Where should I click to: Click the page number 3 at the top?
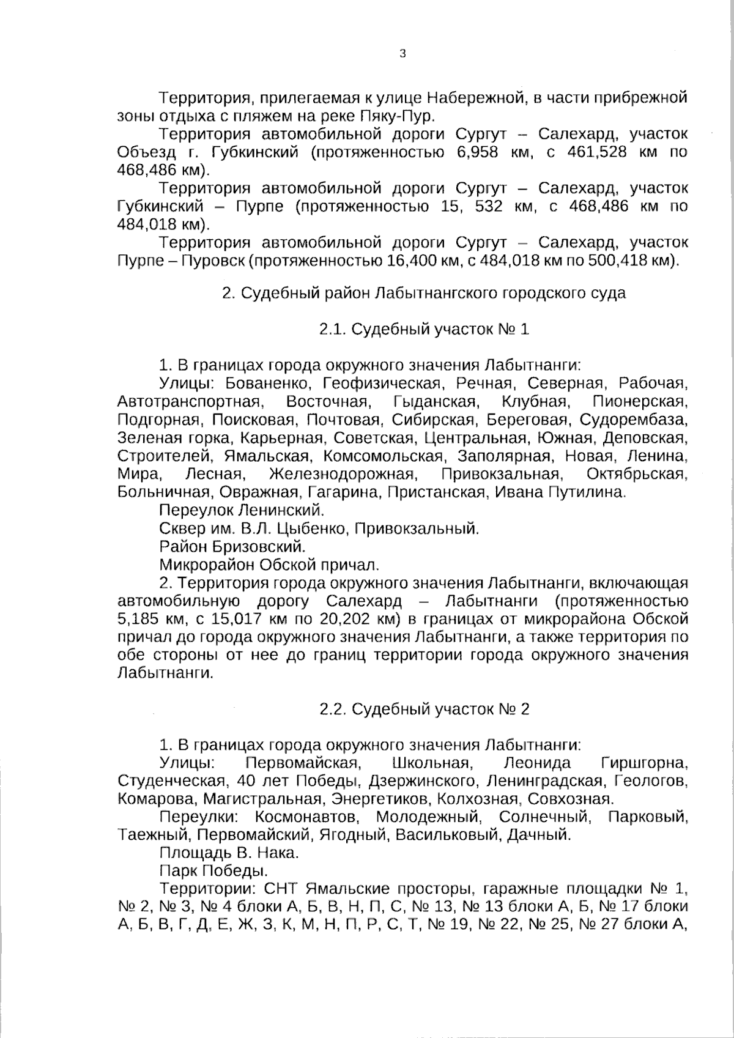click(x=402, y=54)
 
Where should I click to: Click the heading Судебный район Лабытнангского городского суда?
click(x=424, y=293)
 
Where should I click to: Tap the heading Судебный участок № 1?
click(x=424, y=329)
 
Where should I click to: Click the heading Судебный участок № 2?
click(x=424, y=709)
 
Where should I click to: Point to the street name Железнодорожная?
click(x=343, y=474)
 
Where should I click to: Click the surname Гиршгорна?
click(x=645, y=763)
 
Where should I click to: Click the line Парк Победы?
click(x=213, y=870)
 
